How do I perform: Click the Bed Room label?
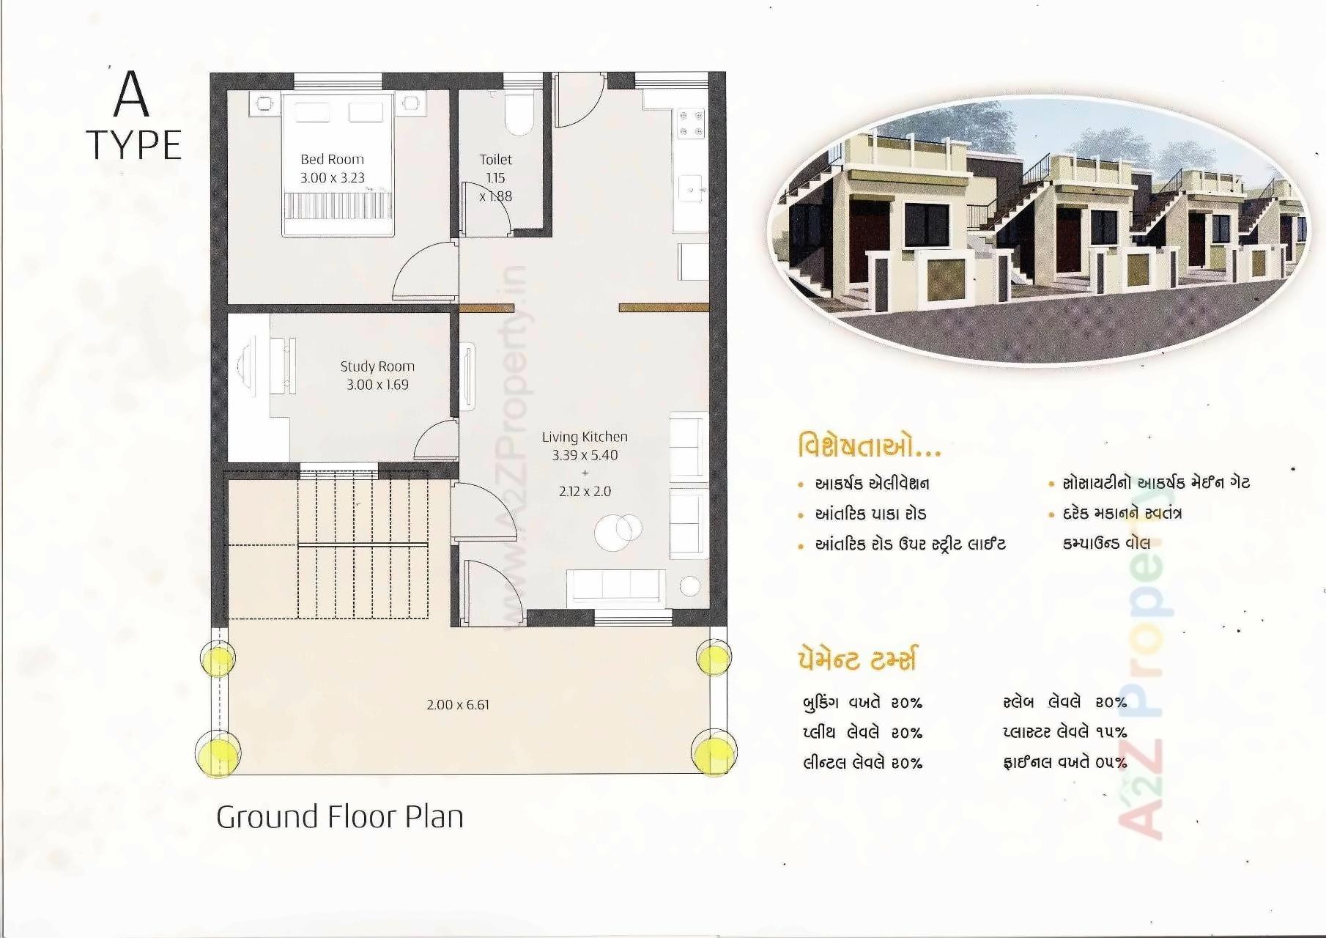(332, 159)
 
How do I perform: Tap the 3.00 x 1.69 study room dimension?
(377, 385)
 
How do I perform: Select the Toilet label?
(496, 159)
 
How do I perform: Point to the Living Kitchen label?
(585, 437)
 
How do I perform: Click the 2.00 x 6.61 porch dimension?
(458, 704)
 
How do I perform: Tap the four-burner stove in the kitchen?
(690, 124)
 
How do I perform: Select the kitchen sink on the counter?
(690, 189)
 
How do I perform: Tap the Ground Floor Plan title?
(340, 816)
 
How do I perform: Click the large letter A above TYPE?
(132, 95)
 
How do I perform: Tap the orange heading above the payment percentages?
(856, 659)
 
